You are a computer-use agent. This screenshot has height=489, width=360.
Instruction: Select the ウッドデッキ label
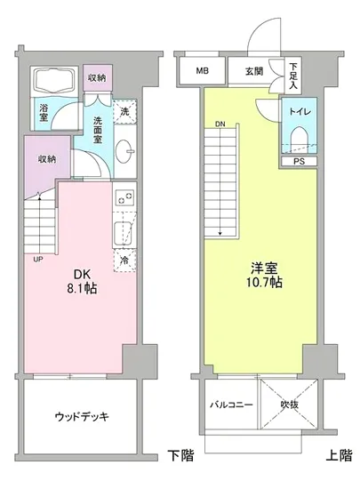click(81, 416)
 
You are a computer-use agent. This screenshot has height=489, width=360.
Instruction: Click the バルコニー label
click(231, 405)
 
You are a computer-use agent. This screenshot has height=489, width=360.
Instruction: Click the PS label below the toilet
click(298, 162)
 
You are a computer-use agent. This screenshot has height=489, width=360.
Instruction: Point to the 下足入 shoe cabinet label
click(293, 69)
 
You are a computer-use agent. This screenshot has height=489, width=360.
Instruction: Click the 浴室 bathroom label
click(43, 114)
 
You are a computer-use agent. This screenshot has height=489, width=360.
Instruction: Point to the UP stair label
click(37, 260)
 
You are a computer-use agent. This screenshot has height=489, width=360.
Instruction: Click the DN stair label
click(218, 124)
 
